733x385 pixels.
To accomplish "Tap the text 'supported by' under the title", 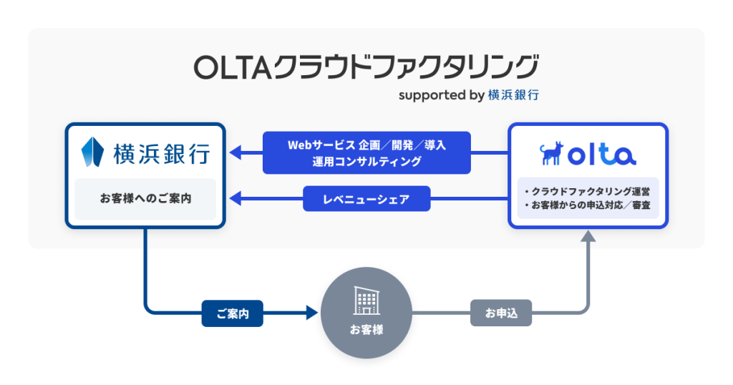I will (x=441, y=95).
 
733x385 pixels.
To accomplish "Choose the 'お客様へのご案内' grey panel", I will (x=145, y=198).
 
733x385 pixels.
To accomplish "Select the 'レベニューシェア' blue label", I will (x=366, y=199).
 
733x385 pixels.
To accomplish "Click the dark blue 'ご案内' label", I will (x=233, y=313).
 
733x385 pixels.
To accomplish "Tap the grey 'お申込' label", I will (x=501, y=313).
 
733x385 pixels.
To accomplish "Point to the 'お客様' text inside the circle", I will (x=366, y=330).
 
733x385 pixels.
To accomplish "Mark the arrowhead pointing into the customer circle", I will (x=311, y=313).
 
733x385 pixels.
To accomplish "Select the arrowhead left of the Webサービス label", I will (x=236, y=152).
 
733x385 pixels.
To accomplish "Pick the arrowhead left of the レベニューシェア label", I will (x=236, y=199).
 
